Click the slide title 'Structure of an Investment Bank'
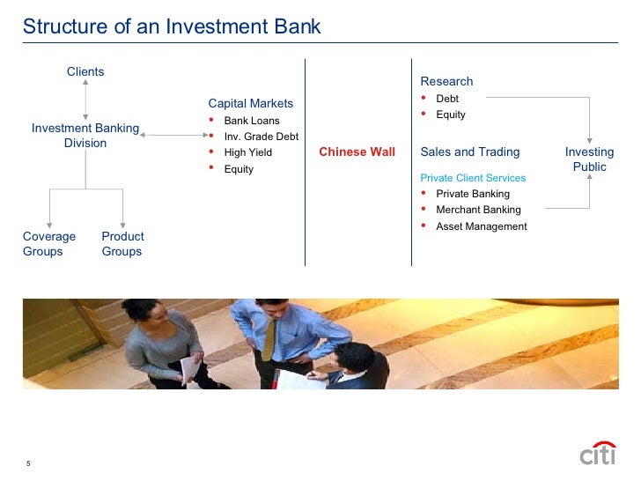pos(172,26)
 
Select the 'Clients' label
pos(85,71)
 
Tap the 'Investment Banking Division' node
pos(85,136)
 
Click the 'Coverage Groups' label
pos(49,244)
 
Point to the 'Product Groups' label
pos(122,244)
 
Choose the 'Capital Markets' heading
pos(250,103)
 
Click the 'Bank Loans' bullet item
pos(252,121)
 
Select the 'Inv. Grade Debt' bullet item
pos(261,137)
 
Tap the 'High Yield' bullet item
pos(248,152)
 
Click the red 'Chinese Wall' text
pos(357,152)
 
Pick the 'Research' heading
pos(446,81)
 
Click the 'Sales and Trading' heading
pos(470,152)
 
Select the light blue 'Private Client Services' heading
pos(473,178)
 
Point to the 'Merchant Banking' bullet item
pos(478,210)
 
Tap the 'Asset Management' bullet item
pos(481,226)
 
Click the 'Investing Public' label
pos(589,159)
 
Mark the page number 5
pos(28,465)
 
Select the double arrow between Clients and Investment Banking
pos(85,99)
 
